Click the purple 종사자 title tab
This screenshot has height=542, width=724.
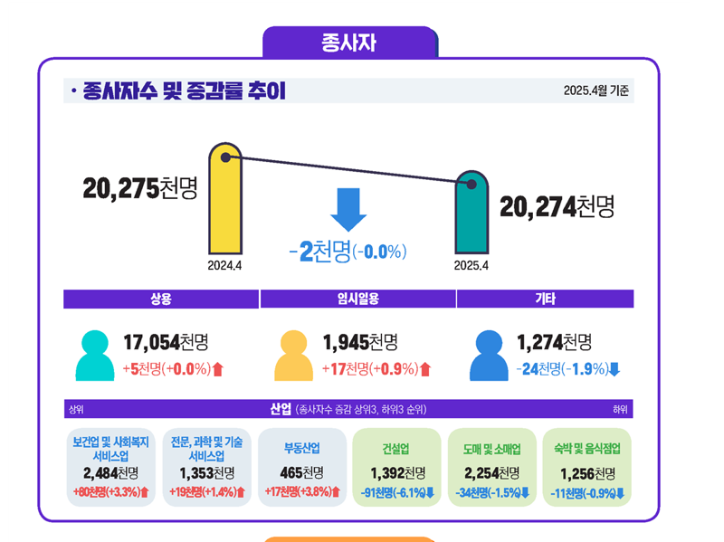tap(349, 43)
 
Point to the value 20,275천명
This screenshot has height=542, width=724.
tap(139, 188)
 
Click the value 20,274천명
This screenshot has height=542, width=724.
tap(557, 207)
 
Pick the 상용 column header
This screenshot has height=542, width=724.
tap(161, 300)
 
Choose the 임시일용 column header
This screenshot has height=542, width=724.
tap(357, 300)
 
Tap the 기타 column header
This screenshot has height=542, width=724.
tap(545, 300)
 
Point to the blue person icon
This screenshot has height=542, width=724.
tap(489, 357)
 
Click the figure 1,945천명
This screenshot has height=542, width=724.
tap(360, 343)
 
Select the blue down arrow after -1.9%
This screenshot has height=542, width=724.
tap(614, 369)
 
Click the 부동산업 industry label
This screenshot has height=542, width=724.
tap(301, 449)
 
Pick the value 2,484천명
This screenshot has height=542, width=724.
tap(110, 473)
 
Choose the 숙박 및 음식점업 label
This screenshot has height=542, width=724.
tap(586, 449)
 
